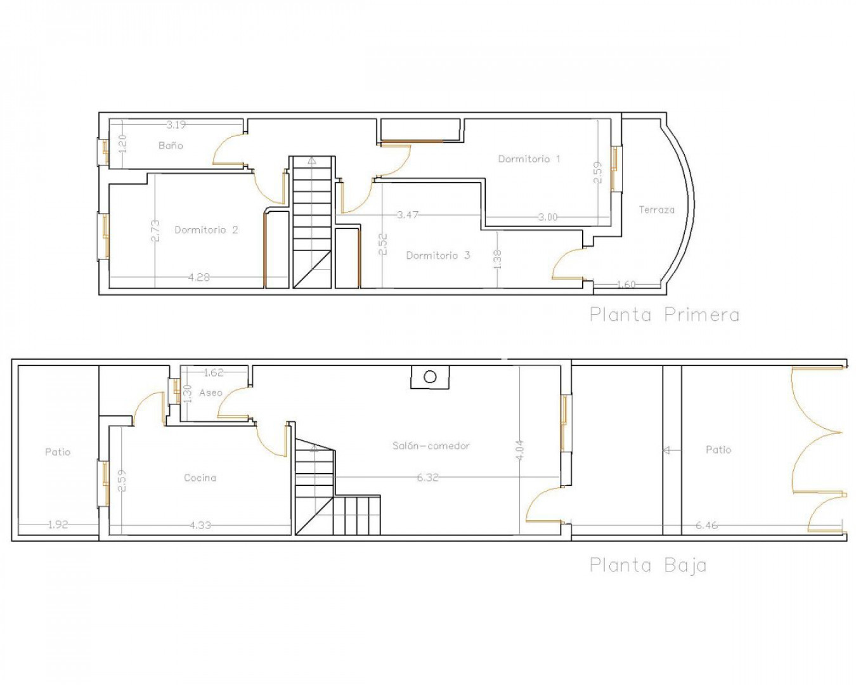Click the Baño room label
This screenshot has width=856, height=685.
pyautogui.click(x=171, y=146)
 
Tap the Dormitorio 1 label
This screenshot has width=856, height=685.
pyautogui.click(x=529, y=159)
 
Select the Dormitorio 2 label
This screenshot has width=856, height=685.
pyautogui.click(x=206, y=230)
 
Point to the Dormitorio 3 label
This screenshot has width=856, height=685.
pyautogui.click(x=438, y=255)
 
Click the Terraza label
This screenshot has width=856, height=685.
pyautogui.click(x=657, y=209)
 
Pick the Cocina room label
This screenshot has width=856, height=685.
pyautogui.click(x=200, y=477)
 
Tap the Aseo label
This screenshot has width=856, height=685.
pyautogui.click(x=211, y=393)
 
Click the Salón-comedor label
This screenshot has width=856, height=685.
pyautogui.click(x=431, y=445)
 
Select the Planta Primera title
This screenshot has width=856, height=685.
pyautogui.click(x=665, y=315)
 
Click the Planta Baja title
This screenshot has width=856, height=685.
pyautogui.click(x=648, y=566)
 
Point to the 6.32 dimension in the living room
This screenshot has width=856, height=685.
pyautogui.click(x=427, y=477)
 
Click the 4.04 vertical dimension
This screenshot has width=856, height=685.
pyautogui.click(x=520, y=450)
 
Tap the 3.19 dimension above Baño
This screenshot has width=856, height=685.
pyautogui.click(x=176, y=125)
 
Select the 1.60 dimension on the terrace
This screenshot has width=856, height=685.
pyautogui.click(x=626, y=284)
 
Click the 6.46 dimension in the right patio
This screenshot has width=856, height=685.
pyautogui.click(x=707, y=525)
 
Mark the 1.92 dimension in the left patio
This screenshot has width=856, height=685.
pyautogui.click(x=58, y=525)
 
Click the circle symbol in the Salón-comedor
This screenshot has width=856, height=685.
pyautogui.click(x=430, y=377)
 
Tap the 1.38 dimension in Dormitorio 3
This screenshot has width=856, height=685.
pyautogui.click(x=497, y=259)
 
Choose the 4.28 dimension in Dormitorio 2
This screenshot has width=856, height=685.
pyautogui.click(x=199, y=277)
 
